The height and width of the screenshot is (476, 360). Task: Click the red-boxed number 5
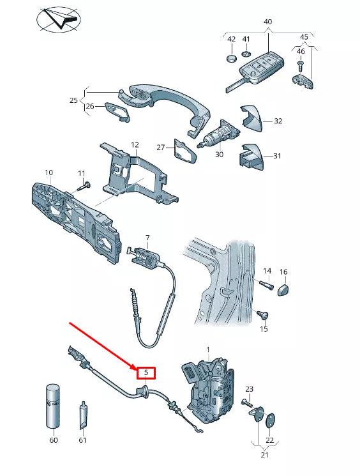(146, 372)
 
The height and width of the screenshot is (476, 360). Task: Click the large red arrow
(102, 346)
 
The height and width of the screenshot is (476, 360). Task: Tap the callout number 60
(54, 440)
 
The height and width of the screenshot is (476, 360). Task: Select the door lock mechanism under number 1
(211, 389)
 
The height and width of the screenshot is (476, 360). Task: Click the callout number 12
(135, 145)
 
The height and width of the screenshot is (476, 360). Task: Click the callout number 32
(278, 121)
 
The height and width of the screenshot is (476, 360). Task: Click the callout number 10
(49, 173)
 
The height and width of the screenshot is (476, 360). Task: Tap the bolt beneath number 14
(266, 286)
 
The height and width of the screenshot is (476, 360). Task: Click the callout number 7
(147, 238)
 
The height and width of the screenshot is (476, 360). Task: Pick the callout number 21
(264, 454)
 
